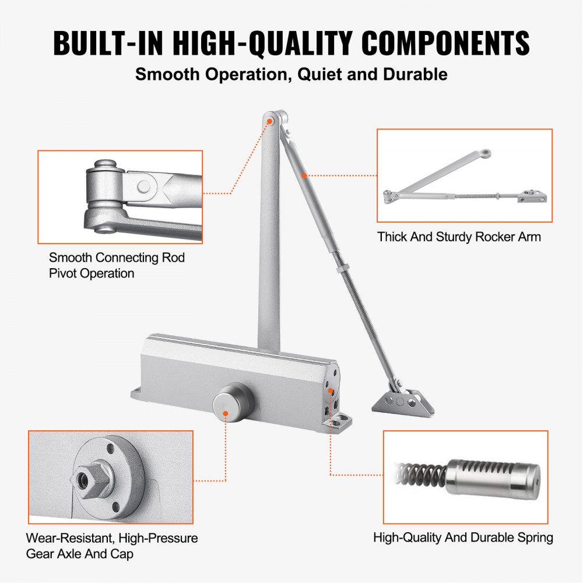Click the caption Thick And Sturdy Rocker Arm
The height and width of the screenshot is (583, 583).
[459, 237]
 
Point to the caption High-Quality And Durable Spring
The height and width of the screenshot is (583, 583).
[463, 537]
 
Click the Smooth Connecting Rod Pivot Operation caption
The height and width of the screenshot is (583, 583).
[117, 265]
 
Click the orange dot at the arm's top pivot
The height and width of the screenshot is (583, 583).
[271, 121]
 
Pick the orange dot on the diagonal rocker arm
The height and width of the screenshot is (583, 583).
[304, 174]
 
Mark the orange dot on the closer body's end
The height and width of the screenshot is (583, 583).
[330, 391]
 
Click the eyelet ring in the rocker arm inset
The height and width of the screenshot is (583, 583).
[486, 154]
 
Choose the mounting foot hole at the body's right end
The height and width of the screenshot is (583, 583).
[340, 418]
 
